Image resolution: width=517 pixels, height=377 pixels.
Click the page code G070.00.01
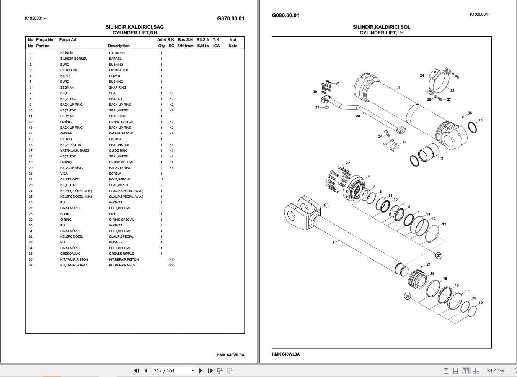coord(230,18)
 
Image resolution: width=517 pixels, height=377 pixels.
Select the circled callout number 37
coord(439,256)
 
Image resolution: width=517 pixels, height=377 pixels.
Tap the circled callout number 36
coord(408,296)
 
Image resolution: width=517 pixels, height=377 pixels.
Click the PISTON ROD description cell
coord(119,70)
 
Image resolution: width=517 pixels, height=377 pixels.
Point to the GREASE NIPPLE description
coord(121,254)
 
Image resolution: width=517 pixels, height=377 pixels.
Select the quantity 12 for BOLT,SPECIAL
coord(161,179)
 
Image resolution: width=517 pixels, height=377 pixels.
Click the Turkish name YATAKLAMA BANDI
coord(75,151)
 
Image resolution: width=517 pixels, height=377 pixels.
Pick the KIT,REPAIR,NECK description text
coord(122,265)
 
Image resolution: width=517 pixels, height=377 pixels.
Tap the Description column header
coord(119,46)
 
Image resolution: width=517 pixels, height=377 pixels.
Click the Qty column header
coord(161,46)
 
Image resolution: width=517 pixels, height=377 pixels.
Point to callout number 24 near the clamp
coord(422,75)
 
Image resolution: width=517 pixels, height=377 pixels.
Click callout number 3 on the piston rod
coord(333,243)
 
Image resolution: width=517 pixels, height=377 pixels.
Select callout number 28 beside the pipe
coord(358,116)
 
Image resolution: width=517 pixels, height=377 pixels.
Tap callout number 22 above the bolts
coord(348,163)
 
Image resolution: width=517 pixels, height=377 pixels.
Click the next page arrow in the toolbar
coord(201,370)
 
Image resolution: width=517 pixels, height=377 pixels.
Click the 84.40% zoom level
coord(495,370)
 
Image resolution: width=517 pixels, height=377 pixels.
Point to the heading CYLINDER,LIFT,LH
coord(381,33)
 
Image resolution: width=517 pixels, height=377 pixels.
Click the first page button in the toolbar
coord(137,370)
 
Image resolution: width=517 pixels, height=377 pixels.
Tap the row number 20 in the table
coord(31,168)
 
